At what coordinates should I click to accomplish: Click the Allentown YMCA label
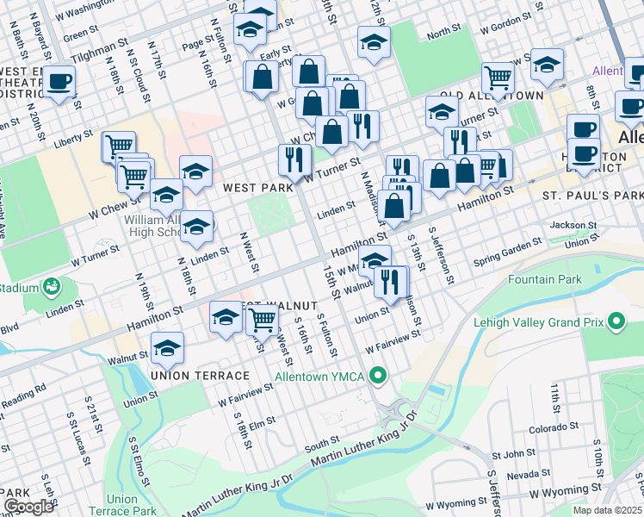tap(320, 377)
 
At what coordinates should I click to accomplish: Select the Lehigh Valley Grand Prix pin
tap(616, 322)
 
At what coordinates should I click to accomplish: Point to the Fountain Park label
tap(545, 279)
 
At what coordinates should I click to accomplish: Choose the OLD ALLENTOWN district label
tap(492, 95)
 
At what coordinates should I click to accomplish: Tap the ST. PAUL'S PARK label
tap(592, 196)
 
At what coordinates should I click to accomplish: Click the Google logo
tap(28, 507)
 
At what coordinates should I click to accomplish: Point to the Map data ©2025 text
tap(606, 510)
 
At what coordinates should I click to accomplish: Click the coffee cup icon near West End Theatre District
tap(59, 82)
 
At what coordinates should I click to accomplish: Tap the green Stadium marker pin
tap(53, 285)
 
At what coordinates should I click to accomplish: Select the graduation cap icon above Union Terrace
tap(167, 348)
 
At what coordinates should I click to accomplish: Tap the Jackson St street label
tap(573, 225)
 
